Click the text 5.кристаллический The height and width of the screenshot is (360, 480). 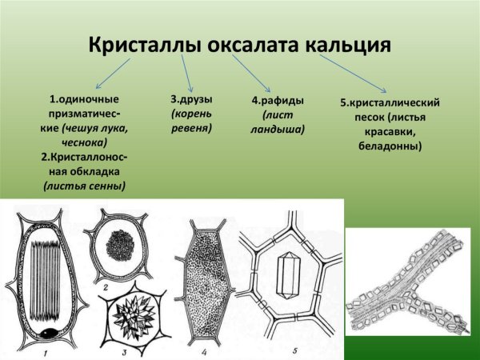[389, 103]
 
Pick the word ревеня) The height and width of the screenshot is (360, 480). [190, 128]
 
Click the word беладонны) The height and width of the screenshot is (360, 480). [390, 146]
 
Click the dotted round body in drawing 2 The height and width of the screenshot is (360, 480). [126, 246]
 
